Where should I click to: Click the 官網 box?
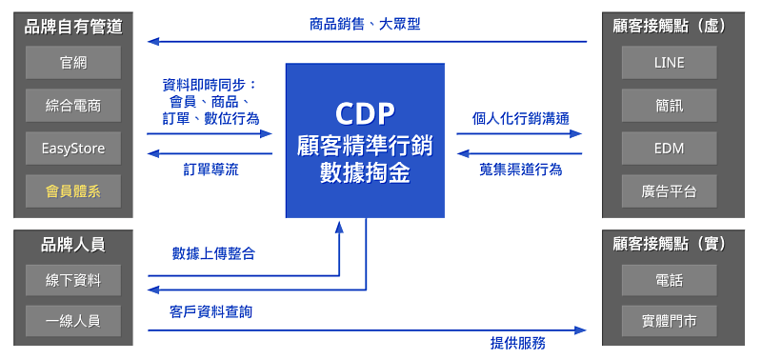tap(73, 63)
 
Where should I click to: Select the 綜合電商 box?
tap(73, 106)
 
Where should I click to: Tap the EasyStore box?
tap(73, 149)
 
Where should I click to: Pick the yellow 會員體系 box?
tap(73, 191)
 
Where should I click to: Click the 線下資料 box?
tap(73, 281)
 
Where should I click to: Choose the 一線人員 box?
tap(73, 321)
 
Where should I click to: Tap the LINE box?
tap(669, 63)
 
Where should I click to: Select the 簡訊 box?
tap(669, 106)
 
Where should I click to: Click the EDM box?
tap(669, 149)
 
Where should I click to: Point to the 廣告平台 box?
tap(669, 191)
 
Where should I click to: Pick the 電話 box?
tap(669, 281)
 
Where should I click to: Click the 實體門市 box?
tap(669, 321)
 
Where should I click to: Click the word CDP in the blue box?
tap(365, 113)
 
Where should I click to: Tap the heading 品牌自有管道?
tap(73, 26)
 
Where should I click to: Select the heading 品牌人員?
tap(73, 244)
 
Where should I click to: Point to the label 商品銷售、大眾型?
tap(365, 24)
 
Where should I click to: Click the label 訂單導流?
tap(211, 170)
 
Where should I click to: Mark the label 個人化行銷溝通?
tap(521, 119)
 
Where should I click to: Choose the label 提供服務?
tap(518, 343)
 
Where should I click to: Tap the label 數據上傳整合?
tap(213, 253)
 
